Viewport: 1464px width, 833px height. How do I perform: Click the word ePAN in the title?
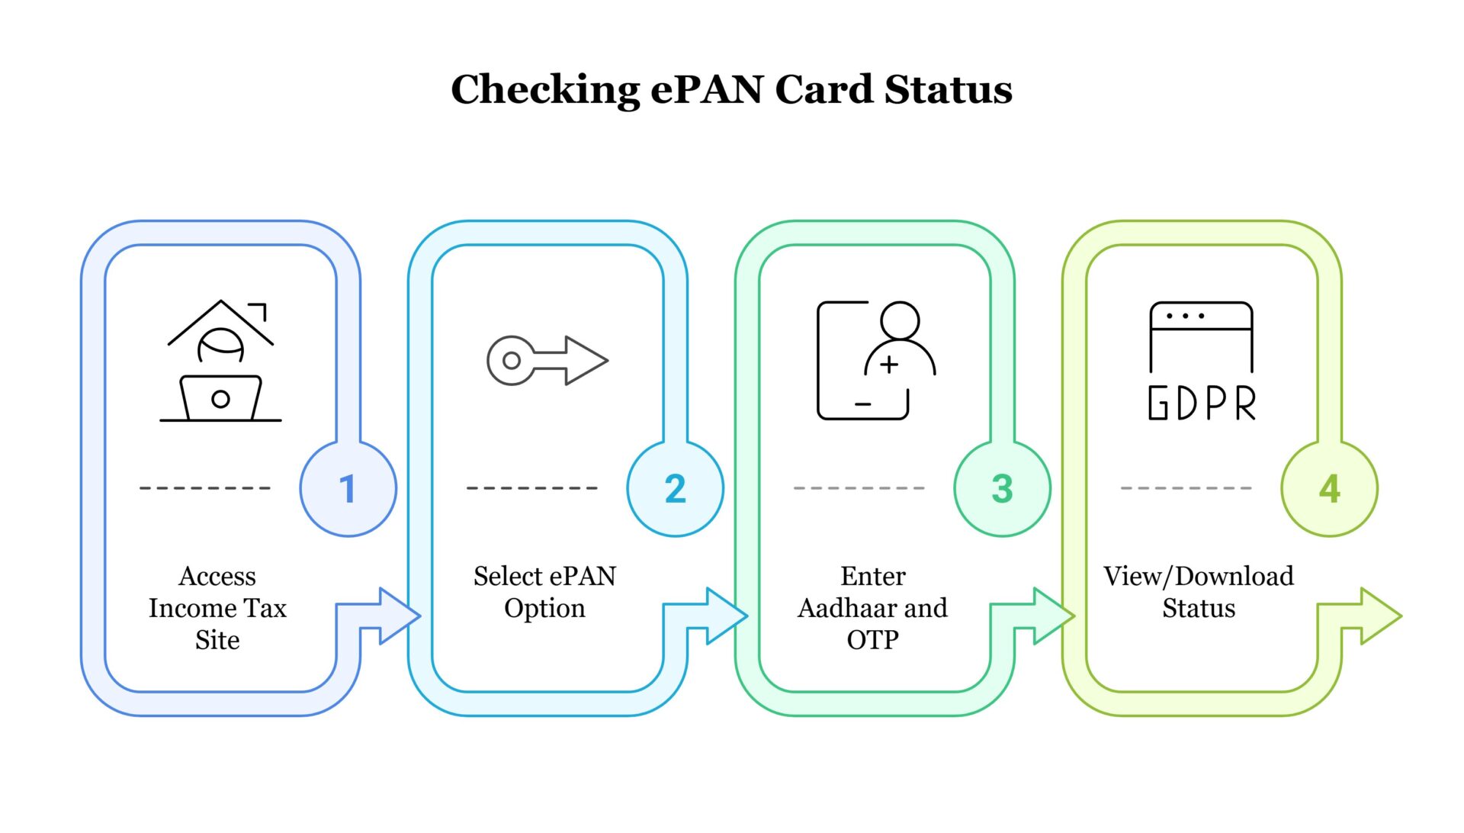tap(707, 89)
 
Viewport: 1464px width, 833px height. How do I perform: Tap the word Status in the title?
tap(949, 89)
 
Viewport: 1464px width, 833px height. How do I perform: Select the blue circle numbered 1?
tap(348, 488)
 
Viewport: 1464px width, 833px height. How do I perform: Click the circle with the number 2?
tap(675, 488)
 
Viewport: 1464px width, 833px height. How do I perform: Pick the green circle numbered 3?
tap(1002, 488)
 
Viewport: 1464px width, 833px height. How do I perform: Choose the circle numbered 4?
tap(1329, 488)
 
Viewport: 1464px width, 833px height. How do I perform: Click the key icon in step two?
tap(547, 360)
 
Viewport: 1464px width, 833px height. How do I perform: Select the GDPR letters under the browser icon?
tap(1202, 403)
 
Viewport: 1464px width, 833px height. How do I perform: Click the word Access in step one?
tap(217, 576)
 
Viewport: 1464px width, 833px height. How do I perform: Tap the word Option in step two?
tap(544, 608)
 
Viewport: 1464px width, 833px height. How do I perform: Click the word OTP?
tap(872, 639)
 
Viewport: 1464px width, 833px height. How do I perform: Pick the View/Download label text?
tap(1198, 576)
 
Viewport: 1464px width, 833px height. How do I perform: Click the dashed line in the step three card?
tap(859, 488)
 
